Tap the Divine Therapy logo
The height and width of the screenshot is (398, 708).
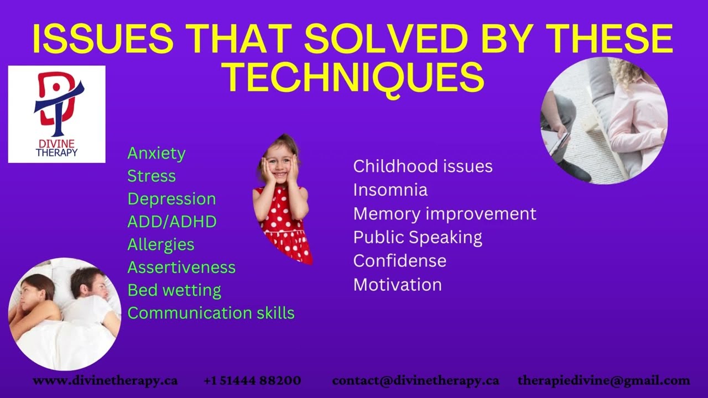point(56,114)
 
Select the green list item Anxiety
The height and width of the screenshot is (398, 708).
point(157,153)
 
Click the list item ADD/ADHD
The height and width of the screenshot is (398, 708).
point(172,222)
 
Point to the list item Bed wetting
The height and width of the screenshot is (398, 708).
point(174,290)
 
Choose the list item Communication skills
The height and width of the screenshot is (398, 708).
point(211,313)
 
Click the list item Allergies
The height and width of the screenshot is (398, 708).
point(161,244)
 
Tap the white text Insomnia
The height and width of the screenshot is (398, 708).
point(390,190)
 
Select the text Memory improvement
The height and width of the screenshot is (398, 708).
point(445,214)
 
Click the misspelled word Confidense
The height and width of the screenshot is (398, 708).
point(399,261)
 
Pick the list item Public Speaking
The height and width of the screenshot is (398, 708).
point(418,237)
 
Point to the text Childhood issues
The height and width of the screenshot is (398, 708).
point(423,166)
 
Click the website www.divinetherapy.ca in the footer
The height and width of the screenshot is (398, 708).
point(105,380)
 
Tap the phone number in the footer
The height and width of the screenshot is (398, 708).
point(252,380)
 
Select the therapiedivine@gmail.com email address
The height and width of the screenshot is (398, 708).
point(603,380)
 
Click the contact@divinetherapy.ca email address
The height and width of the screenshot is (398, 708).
point(415,380)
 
